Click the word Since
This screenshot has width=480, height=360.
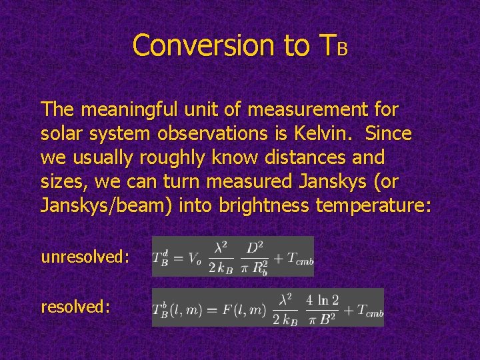pos(388,133)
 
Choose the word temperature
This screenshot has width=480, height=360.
pos(373,206)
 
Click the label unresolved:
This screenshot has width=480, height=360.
pos(85,256)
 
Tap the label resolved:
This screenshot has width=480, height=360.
pos(75,307)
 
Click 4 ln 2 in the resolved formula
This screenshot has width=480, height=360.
pos(322,299)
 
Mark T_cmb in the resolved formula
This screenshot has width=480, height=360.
pos(365,309)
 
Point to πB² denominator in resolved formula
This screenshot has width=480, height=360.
pos(322,319)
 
